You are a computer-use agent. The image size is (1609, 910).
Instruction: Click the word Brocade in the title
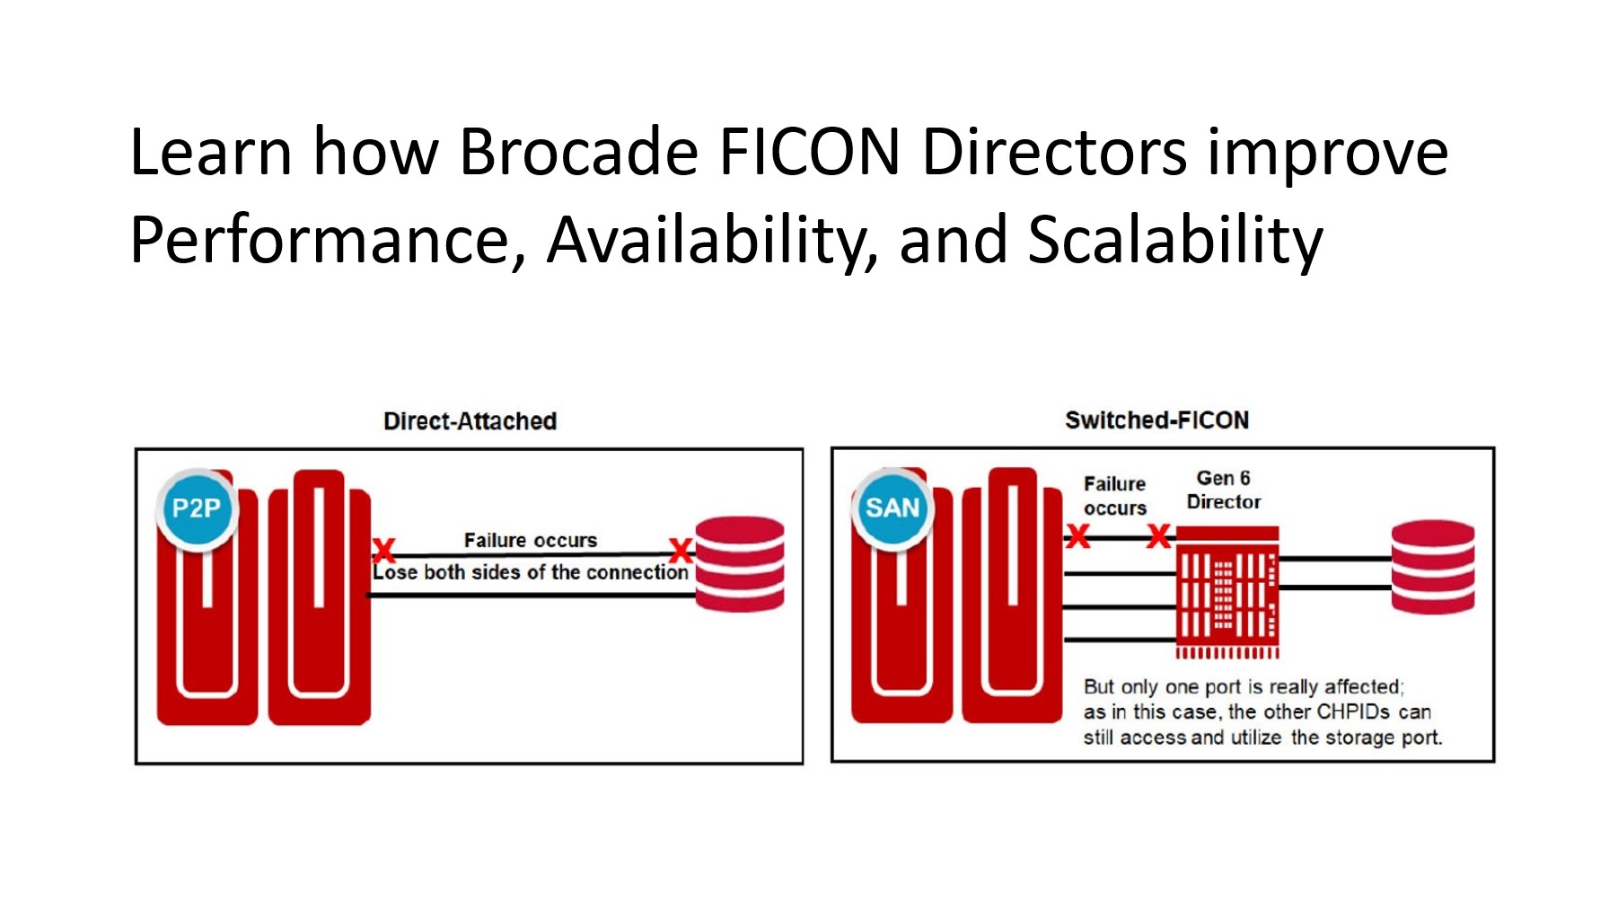coord(579,152)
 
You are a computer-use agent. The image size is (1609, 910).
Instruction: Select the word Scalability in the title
coord(1175,241)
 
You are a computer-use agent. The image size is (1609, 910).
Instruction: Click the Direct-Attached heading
coord(470,421)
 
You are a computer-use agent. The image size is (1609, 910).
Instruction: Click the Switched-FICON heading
coord(1156,420)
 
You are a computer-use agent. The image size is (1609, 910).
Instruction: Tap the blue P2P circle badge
coord(197,508)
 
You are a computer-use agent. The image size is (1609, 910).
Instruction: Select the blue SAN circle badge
coord(892,508)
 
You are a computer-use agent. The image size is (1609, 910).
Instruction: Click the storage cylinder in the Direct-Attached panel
coord(740,564)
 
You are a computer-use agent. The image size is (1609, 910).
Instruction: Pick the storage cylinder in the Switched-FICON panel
coord(1433,567)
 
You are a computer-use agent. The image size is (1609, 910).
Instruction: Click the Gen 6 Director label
coord(1224,490)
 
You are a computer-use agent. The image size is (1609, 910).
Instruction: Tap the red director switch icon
coord(1227,593)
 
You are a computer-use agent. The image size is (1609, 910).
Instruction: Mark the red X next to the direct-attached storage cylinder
coord(681,550)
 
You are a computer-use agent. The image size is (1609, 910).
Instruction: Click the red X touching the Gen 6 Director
coord(1159,537)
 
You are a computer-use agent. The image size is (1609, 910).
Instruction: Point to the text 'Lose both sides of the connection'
coord(531,572)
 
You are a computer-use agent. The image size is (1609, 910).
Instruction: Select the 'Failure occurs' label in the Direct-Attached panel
coord(531,540)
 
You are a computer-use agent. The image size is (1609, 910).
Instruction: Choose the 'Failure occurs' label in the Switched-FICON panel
coord(1115,496)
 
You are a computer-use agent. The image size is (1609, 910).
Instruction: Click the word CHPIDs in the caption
coord(1353,712)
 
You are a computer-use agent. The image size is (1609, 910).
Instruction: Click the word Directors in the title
coord(1055,152)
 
